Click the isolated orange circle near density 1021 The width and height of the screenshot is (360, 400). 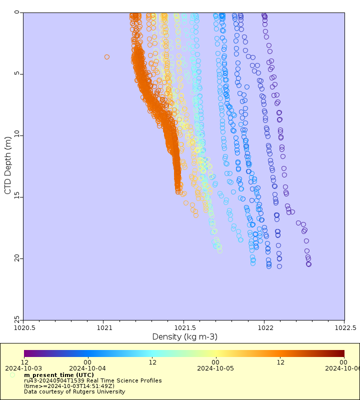[x=107, y=57]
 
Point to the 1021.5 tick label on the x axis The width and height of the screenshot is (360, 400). [x=183, y=328]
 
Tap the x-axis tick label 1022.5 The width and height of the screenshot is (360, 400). [x=344, y=328]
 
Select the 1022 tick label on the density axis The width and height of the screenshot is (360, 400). [x=264, y=328]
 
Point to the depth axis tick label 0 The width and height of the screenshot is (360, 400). [x=17, y=12]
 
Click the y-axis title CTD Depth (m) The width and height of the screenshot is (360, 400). [x=7, y=166]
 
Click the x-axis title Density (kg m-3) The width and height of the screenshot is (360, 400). [x=184, y=337]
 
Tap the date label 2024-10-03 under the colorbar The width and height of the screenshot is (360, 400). [x=24, y=368]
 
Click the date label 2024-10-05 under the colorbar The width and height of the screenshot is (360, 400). [x=215, y=368]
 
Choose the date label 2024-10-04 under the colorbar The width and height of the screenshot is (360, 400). [x=87, y=368]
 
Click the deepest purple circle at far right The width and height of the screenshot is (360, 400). [x=308, y=264]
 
